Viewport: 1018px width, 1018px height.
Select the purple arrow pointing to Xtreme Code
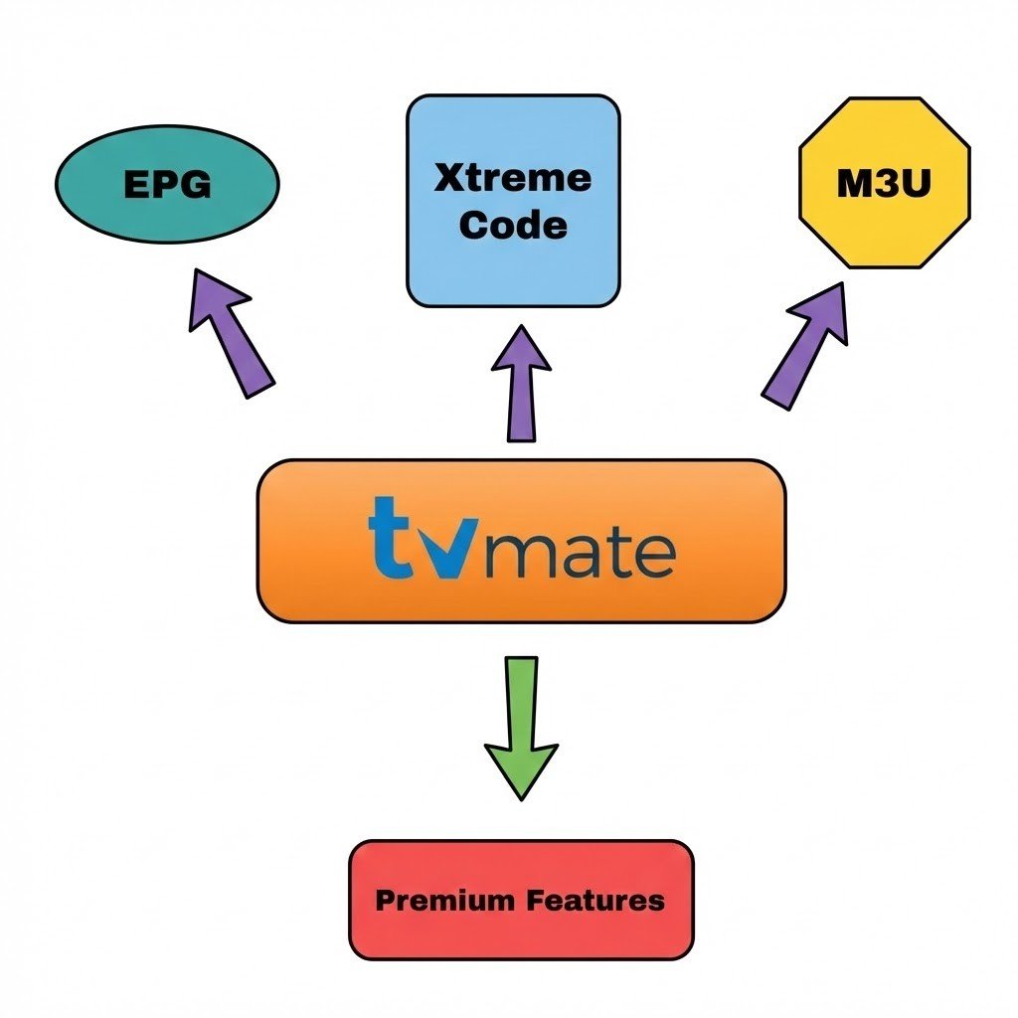pos(521,383)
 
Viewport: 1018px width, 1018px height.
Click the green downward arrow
pos(521,726)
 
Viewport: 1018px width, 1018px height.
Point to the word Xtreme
pos(513,179)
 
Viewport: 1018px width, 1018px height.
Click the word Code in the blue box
pos(513,225)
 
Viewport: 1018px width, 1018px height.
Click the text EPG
pos(167,185)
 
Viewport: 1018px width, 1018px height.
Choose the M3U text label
pos(884,184)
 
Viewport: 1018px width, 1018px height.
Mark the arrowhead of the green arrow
pos(521,770)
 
